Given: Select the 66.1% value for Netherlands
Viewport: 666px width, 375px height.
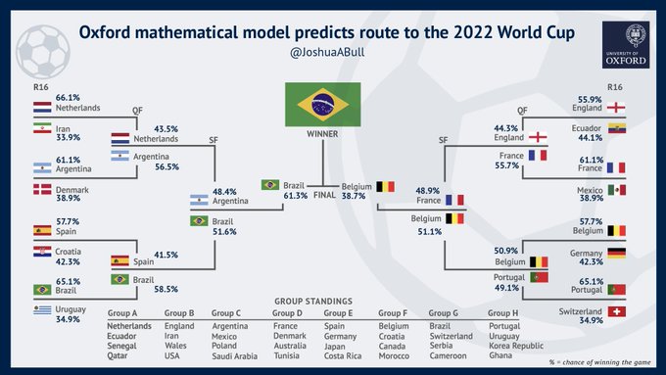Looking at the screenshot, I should point(40,99).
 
